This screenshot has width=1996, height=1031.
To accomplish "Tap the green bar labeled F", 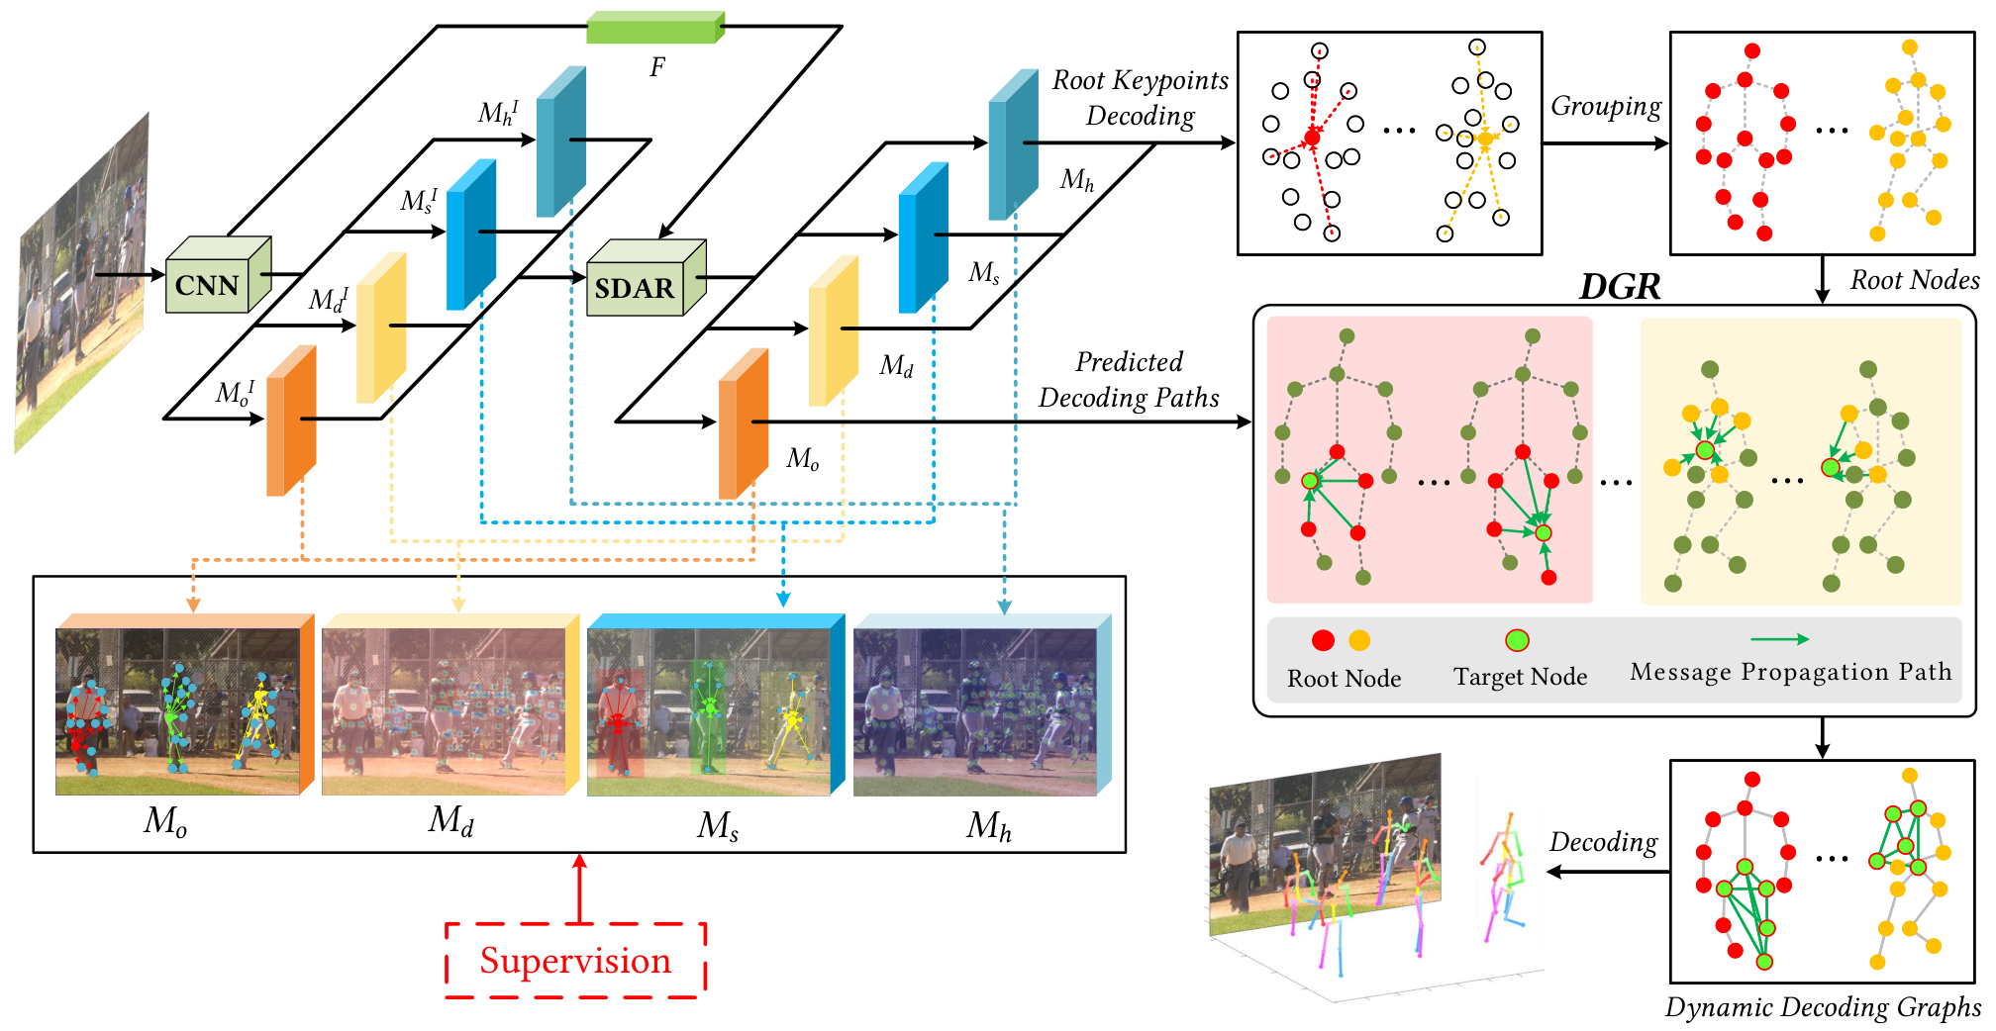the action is (x=655, y=28).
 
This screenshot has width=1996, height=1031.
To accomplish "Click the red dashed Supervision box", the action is (x=575, y=961).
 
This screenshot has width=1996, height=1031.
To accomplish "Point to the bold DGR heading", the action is (x=1619, y=287).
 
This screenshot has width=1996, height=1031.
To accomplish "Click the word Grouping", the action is (x=1606, y=107).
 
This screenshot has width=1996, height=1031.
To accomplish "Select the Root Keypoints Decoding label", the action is (x=1141, y=98).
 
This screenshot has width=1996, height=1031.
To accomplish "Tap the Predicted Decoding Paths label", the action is (x=1129, y=380).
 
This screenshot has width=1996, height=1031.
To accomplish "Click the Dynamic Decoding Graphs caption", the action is (x=1823, y=1008).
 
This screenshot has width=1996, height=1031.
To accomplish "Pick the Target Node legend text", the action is (x=1520, y=677).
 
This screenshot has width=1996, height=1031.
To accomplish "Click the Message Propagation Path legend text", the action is (x=1791, y=672).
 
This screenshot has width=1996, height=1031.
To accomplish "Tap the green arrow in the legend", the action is (x=1779, y=639).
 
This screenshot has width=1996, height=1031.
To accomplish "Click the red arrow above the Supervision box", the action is (x=579, y=889).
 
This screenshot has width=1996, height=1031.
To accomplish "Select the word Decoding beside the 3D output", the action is (x=1603, y=842).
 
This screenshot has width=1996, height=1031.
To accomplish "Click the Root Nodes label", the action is (x=1915, y=280).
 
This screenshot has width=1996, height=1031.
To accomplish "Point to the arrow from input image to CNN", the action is (x=130, y=274).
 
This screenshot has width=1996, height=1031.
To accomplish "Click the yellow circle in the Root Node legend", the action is (x=1359, y=640).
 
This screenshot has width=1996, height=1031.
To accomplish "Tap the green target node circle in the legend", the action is (x=1517, y=640).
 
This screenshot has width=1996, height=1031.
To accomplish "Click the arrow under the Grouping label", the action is (x=1606, y=143).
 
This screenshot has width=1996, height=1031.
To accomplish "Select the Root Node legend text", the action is (x=1344, y=679).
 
